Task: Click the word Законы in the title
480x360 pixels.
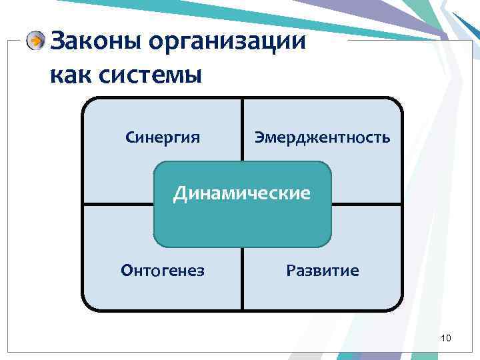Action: (96, 42)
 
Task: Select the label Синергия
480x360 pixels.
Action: (163, 138)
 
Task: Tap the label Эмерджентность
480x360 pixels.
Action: (322, 138)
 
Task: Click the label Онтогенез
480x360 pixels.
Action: (163, 271)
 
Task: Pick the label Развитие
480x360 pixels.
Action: (322, 271)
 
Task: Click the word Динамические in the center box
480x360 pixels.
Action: (242, 194)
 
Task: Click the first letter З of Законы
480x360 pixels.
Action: (58, 42)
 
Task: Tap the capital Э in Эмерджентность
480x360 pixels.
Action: (259, 138)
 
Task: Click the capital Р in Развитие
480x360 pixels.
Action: (290, 271)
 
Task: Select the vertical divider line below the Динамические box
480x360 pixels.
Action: (242, 280)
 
